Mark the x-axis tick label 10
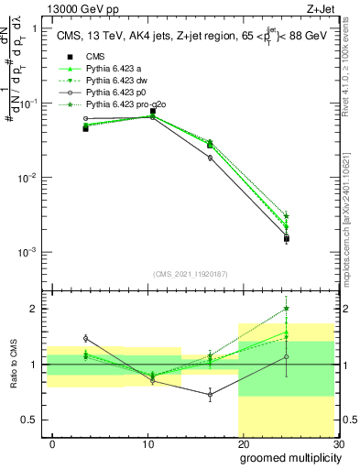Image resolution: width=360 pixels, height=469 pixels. click(x=148, y=442)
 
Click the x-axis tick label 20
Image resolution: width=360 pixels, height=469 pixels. click(x=243, y=442)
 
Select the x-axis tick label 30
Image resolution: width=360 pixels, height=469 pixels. click(x=337, y=442)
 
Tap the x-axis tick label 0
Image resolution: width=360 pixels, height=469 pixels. click(x=53, y=442)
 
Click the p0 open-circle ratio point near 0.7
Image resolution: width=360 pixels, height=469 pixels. click(x=210, y=396)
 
